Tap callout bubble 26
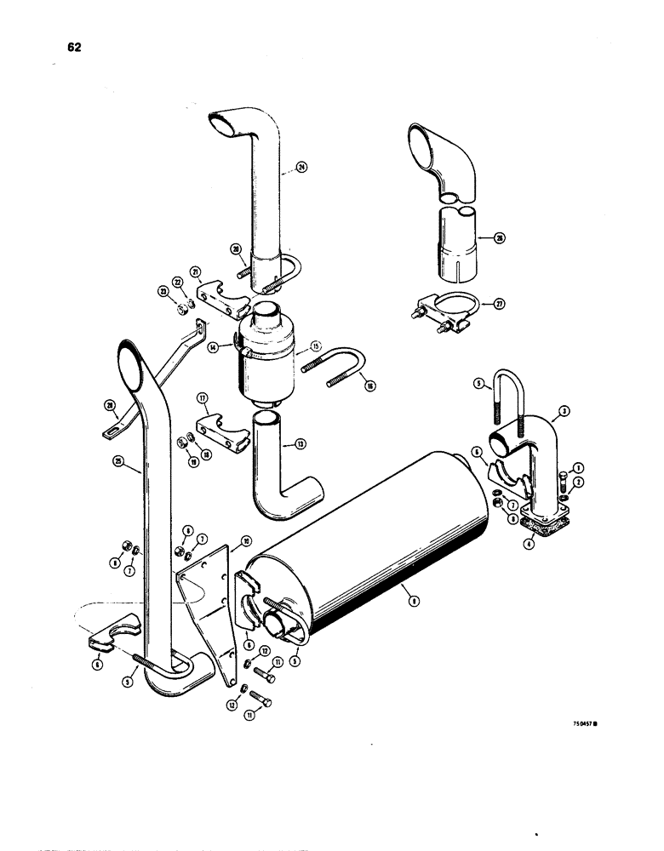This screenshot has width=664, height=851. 500,238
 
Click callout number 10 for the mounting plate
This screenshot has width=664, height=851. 246,540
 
